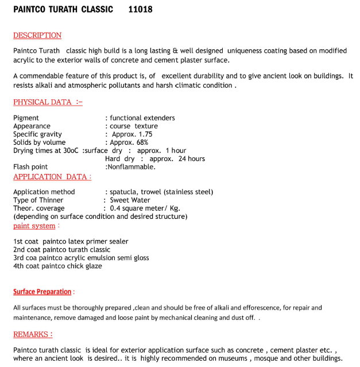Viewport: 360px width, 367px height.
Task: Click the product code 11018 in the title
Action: click(x=141, y=10)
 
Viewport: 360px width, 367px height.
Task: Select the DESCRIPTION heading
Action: click(x=37, y=36)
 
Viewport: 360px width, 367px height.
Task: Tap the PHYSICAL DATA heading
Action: click(x=48, y=102)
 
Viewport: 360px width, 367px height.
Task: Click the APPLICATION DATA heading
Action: click(x=52, y=177)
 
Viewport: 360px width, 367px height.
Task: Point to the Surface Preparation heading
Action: click(x=42, y=292)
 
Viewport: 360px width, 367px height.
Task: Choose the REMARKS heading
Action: click(x=33, y=334)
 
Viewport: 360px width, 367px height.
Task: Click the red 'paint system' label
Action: click(x=34, y=226)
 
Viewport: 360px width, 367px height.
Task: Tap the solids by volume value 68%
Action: click(x=141, y=142)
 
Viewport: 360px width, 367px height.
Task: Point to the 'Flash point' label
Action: click(x=30, y=167)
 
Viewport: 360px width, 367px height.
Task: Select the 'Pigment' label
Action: click(x=26, y=118)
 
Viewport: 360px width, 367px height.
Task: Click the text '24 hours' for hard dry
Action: click(x=191, y=159)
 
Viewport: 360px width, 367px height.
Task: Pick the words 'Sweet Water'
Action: click(x=130, y=200)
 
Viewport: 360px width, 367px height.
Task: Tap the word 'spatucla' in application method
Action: click(x=125, y=192)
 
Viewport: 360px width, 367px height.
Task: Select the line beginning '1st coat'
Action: click(x=71, y=242)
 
